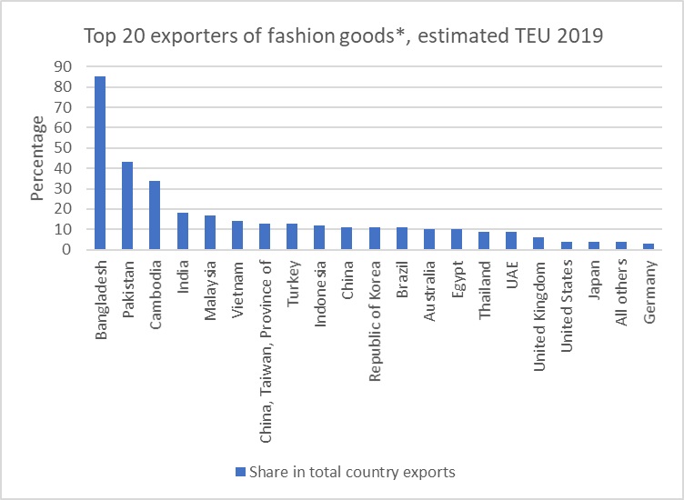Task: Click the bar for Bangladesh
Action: pos(100,163)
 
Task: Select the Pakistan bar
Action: pos(127,205)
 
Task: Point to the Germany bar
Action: pos(648,246)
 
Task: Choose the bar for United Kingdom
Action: pos(538,244)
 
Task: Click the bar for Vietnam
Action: pos(236,235)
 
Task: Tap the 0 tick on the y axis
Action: pos(66,250)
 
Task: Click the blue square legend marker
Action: pos(240,472)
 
